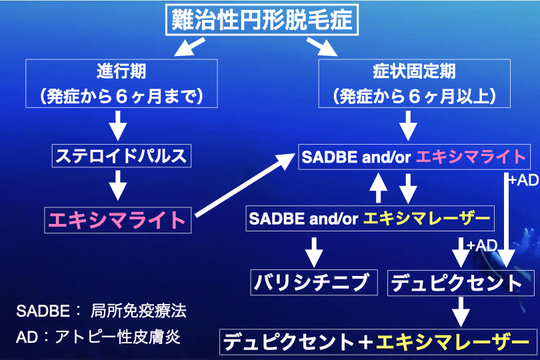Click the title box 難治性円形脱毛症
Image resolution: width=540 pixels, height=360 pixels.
261,20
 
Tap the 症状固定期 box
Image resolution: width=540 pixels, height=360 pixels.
415,83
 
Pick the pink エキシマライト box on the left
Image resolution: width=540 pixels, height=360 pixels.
117,219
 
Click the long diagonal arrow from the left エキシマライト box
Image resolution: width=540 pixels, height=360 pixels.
245,183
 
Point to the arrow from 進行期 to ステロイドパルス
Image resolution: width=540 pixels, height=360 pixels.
117,125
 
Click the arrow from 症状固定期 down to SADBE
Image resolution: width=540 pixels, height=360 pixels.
408,125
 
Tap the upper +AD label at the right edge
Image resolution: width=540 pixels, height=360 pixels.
522,181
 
